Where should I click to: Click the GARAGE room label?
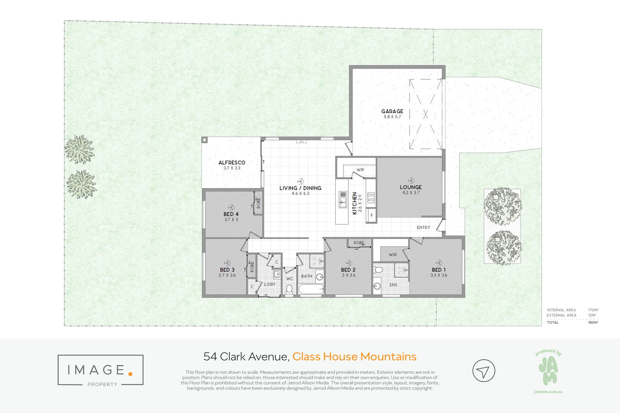pos(392,111)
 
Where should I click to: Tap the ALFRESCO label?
pos(232,163)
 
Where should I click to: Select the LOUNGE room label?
pos(411,187)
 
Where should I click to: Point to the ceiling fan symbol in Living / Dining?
pos(300,181)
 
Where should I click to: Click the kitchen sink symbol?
pos(343,199)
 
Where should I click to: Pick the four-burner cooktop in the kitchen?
pos(371,198)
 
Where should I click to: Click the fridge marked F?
pos(372,215)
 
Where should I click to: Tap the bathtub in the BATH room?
pos(311,289)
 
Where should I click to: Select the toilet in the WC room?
pos(289,289)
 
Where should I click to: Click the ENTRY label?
pos(424,227)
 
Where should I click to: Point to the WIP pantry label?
pos(360,169)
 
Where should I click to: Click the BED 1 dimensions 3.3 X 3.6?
pos(439,275)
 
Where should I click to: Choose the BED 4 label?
pos(231,214)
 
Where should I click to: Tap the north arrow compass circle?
pos(484,371)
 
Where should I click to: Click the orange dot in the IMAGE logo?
pos(130,374)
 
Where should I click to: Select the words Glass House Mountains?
pos(354,356)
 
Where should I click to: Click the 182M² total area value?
pos(593,322)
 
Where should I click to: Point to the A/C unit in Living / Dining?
pos(302,142)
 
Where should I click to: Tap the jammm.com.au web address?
pos(548,392)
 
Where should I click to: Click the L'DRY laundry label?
pos(269,284)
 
